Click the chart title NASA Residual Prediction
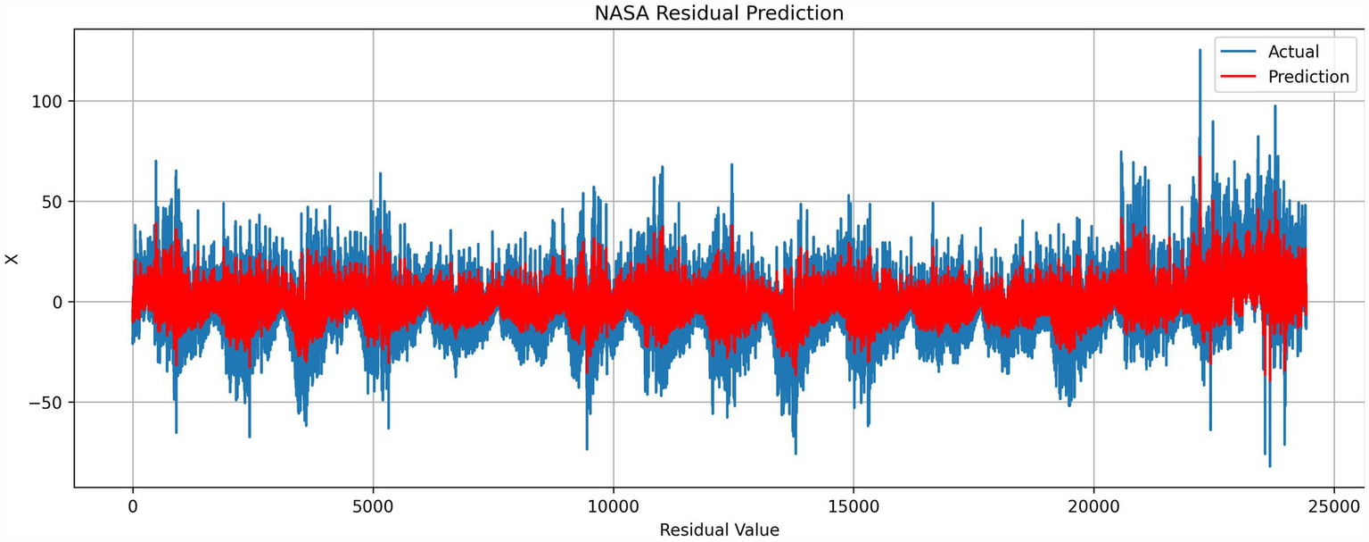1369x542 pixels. point(719,13)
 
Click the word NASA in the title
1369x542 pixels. point(619,13)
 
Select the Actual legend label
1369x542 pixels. point(1292,52)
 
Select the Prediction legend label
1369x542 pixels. point(1307,77)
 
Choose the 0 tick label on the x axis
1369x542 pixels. point(133,506)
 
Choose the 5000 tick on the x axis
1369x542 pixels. point(373,506)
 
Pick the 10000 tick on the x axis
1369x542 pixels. point(613,506)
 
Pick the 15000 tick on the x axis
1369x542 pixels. point(854,506)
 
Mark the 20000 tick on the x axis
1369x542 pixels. point(1093,506)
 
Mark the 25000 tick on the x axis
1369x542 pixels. point(1333,506)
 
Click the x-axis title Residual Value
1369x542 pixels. point(719,529)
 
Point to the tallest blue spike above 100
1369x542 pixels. point(1200,51)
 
